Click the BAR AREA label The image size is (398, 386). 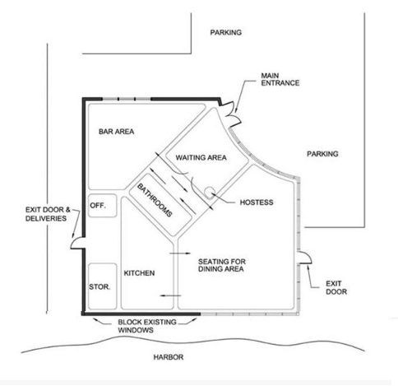(117, 132)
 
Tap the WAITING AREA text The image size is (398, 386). (201, 158)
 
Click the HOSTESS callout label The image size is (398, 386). (257, 202)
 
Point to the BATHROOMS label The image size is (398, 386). (155, 201)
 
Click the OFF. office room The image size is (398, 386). (103, 206)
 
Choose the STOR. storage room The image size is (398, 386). (103, 286)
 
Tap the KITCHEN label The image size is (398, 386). (139, 273)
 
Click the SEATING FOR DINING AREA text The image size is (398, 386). (222, 265)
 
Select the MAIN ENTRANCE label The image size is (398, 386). (280, 79)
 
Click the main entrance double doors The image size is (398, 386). (231, 114)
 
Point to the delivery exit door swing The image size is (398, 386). (77, 243)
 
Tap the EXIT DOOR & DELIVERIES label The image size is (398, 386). (48, 214)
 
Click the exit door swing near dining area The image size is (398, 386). (305, 258)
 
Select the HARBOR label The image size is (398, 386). (169, 357)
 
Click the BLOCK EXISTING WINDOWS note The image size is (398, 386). (147, 326)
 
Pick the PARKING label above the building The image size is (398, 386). (226, 32)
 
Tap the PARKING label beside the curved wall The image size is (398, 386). (322, 154)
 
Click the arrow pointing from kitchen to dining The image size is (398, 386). (180, 253)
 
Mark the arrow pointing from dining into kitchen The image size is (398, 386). (170, 295)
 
